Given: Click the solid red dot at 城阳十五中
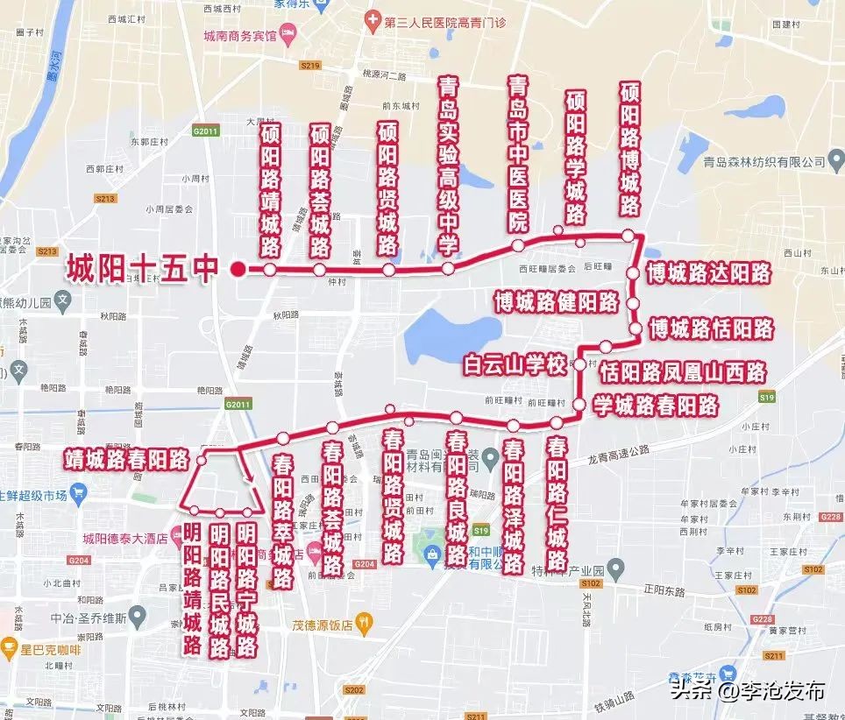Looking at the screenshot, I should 237,269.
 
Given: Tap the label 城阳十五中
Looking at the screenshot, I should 141,269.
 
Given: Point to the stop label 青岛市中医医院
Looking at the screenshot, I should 519,154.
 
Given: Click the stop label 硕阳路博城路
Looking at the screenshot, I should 629,150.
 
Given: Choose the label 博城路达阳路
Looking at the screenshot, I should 708,273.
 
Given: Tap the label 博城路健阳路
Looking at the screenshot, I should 556,303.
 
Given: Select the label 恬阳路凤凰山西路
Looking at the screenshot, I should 682,371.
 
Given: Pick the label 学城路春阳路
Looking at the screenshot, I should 656,406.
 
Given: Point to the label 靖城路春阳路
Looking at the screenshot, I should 127,458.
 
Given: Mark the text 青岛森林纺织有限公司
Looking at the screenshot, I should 765,162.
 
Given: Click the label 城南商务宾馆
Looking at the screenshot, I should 239,36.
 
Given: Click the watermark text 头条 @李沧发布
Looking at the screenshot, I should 748,689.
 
